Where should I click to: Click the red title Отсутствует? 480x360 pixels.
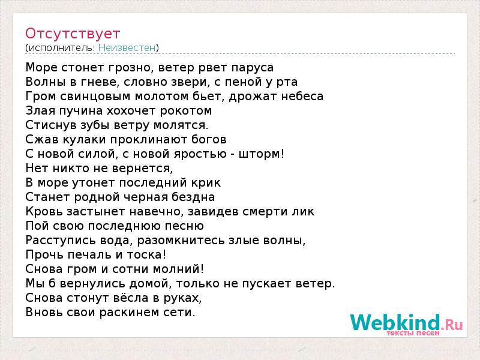coord(73,34)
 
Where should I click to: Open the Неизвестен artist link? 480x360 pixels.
coord(127,48)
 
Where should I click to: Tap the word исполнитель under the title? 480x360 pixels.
coord(61,48)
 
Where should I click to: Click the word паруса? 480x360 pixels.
coord(252,68)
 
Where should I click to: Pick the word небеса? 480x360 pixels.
coord(302,97)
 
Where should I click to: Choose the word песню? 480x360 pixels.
coord(184,226)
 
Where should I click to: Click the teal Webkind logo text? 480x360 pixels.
coord(395,322)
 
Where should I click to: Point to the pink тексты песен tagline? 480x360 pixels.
coord(413,333)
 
